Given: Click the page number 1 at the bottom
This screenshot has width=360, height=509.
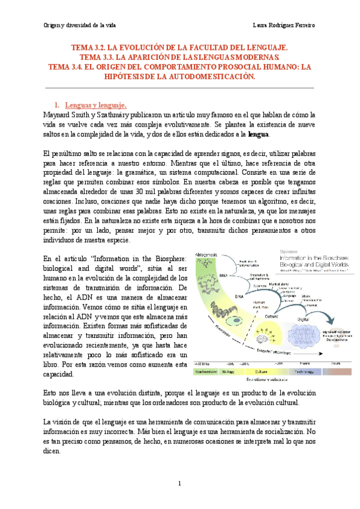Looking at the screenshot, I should [179, 483].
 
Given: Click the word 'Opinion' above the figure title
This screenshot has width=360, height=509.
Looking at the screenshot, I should [290, 251].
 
